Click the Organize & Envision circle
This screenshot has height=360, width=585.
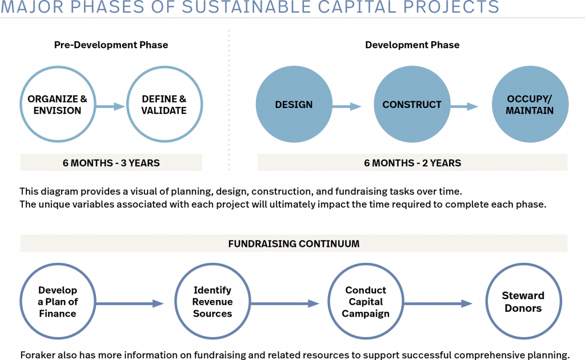coord(57,105)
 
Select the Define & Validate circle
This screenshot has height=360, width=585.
coord(164,105)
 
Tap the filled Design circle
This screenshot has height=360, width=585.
coord(294,105)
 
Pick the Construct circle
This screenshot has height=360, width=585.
coord(412,105)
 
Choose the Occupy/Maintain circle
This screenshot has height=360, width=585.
coord(530,105)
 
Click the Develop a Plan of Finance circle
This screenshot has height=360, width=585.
coord(57,302)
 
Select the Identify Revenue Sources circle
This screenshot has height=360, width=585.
coord(212,302)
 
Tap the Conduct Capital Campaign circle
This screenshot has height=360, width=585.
coord(366,302)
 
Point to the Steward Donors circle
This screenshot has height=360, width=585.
coord(522,302)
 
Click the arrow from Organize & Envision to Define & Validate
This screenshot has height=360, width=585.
coord(110,106)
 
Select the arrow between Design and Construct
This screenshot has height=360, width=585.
coord(347,106)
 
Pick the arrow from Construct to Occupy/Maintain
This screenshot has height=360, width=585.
coord(464,106)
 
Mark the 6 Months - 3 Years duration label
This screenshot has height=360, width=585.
coord(111,163)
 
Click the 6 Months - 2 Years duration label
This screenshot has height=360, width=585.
coord(412,163)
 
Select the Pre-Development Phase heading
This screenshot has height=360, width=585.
coord(111,45)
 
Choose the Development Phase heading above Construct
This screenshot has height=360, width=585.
coord(412,45)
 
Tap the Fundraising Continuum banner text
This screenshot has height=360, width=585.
coord(294,243)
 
